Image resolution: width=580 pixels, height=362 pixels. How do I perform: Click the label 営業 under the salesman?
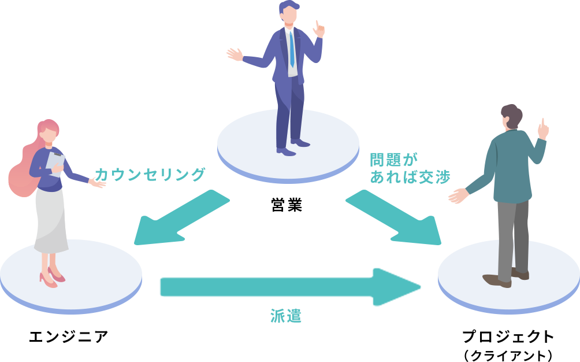coord(287,205)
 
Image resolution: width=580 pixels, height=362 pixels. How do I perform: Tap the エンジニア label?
coord(69,337)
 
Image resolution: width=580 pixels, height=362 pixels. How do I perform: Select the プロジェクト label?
coord(508,337)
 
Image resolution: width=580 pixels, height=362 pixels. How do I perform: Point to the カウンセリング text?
coord(149,174)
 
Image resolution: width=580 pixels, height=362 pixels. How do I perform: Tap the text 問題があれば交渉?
coord(409,168)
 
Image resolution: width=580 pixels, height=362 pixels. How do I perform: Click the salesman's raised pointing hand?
coord(318,29)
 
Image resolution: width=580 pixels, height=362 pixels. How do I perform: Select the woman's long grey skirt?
coord(50,220)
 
